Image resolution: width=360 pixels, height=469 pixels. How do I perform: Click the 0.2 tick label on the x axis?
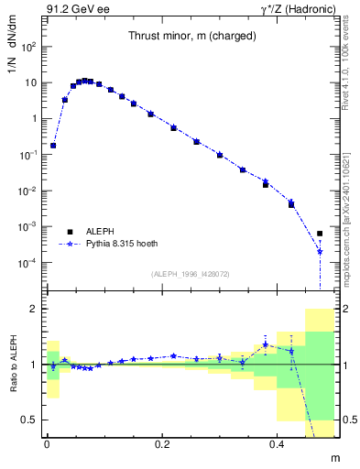point(162,443)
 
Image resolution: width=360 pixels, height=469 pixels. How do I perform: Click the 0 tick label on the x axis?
point(47,443)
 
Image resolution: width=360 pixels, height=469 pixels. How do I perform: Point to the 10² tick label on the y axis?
point(29,47)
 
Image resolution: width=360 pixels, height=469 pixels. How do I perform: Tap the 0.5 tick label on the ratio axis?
point(29,420)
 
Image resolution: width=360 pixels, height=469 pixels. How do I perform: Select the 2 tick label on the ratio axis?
point(33,310)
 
